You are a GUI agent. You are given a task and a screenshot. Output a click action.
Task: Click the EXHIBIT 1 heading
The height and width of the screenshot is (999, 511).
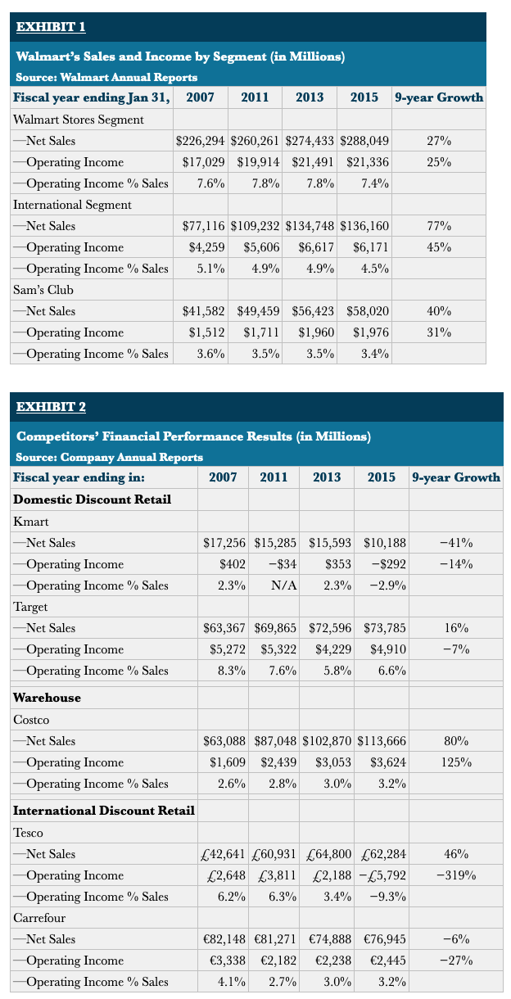[52, 27]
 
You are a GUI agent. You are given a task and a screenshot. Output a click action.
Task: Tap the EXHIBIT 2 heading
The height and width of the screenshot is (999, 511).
[52, 407]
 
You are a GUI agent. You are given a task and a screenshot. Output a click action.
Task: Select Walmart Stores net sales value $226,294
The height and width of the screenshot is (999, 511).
[202, 141]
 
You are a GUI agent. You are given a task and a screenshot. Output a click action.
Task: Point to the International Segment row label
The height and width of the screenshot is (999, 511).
[72, 205]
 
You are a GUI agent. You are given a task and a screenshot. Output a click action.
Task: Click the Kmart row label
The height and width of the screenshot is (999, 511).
[31, 522]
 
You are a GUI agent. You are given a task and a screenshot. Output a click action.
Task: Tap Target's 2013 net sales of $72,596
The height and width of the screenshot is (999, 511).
[330, 628]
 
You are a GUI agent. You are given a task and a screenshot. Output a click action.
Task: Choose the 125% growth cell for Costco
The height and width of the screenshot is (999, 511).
[456, 762]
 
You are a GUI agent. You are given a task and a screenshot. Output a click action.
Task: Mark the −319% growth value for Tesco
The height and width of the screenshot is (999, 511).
[456, 875]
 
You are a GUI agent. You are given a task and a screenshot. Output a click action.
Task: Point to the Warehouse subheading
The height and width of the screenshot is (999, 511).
[47, 698]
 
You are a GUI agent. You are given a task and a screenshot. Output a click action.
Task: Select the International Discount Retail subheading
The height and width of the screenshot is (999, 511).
[104, 811]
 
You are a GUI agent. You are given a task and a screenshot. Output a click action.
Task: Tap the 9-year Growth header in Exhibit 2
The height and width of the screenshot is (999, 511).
[456, 477]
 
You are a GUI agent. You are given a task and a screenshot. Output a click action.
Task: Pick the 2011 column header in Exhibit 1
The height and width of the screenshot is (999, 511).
[255, 97]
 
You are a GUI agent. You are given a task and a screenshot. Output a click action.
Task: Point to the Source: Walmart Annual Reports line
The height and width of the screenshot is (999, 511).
[106, 77]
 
